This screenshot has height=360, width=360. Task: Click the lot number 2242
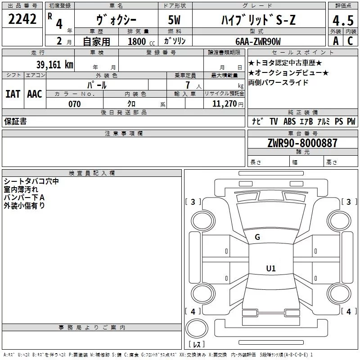tap(22, 19)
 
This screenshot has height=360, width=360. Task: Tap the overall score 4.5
tap(343, 20)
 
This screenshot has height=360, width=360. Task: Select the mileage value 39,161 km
tap(54, 64)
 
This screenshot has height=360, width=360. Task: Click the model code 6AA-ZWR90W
tap(258, 41)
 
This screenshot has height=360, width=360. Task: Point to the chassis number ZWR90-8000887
tap(302, 143)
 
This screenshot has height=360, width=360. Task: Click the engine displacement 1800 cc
tap(141, 41)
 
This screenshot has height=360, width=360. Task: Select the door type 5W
tap(174, 20)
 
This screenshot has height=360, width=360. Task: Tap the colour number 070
tap(75, 104)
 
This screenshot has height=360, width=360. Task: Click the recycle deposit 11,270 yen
tap(228, 104)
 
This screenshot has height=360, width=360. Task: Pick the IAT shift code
tap(13, 94)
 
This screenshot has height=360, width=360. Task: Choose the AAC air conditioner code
tap(35, 94)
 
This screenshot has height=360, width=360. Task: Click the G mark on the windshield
tap(257, 237)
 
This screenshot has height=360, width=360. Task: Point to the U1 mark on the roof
tap(271, 268)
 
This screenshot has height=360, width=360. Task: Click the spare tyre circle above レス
tap(197, 328)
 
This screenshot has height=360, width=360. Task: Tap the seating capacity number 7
tap(188, 85)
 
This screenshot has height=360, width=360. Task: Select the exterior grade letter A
tap(336, 41)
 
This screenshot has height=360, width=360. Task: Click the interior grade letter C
tap(350, 41)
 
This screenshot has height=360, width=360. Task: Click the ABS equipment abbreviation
tap(289, 121)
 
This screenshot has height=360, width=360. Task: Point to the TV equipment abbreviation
tap(274, 121)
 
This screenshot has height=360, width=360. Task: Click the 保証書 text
tap(15, 121)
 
